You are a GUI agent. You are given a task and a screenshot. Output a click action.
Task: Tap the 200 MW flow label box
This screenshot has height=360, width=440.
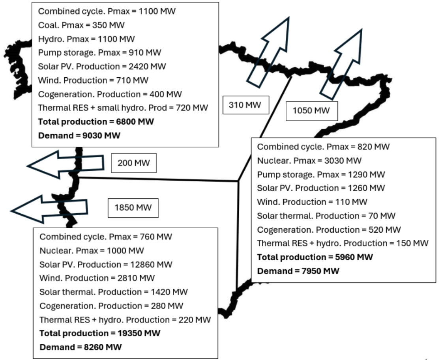point(134,162)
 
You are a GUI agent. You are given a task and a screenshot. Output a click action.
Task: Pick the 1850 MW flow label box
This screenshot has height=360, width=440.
point(133,207)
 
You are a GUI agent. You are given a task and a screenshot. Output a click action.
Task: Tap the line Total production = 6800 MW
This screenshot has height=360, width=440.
point(96,121)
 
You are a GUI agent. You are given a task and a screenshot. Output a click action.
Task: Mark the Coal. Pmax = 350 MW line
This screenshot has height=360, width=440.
point(81,25)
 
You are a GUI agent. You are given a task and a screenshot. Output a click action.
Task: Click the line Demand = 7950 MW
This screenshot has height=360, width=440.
point(298,271)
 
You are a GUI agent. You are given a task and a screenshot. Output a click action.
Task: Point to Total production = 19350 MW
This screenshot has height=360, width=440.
point(100,333)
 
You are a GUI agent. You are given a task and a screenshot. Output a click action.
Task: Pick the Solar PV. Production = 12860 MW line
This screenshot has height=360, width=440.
point(106,264)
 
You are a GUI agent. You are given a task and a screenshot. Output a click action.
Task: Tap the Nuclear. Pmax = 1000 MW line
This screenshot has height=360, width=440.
point(92,250)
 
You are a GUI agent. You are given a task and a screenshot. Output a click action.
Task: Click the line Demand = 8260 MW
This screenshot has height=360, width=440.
point(80,347)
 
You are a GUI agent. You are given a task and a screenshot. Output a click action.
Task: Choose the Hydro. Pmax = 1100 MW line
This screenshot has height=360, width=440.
point(86,39)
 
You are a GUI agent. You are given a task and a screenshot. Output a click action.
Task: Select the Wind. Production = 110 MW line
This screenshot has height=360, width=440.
point(312,202)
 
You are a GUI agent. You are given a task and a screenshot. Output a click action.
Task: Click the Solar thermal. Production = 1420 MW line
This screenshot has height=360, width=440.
point(113,292)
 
